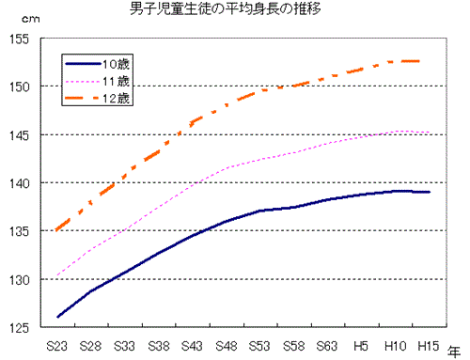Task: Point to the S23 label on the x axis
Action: tap(57, 345)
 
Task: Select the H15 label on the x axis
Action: tap(429, 345)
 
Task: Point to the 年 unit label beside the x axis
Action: tap(455, 347)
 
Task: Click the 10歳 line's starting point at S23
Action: tap(57, 317)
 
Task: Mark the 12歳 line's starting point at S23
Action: tap(57, 229)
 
